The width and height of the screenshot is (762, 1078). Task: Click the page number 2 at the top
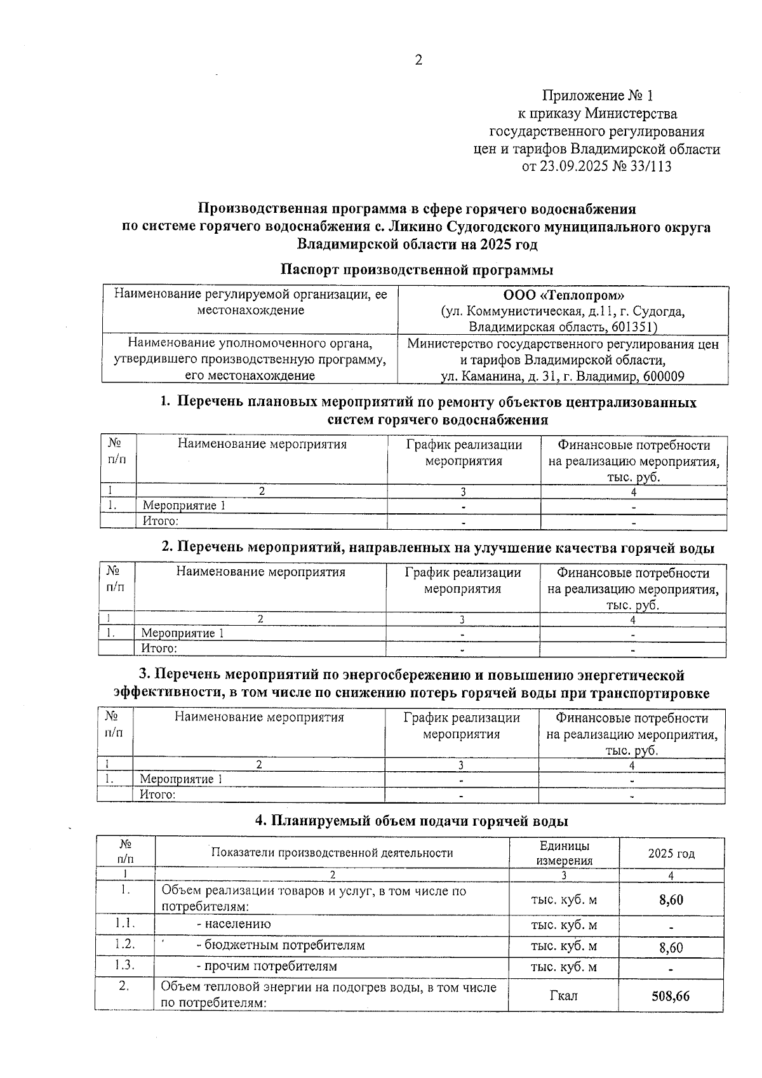(x=418, y=61)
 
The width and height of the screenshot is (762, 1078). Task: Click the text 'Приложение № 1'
(x=597, y=96)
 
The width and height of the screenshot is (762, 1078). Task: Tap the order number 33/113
(x=650, y=167)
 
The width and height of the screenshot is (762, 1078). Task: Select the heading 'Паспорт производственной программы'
(x=417, y=269)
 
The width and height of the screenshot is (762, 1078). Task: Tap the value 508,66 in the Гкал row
(x=671, y=996)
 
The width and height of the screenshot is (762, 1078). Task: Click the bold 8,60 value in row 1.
(x=671, y=900)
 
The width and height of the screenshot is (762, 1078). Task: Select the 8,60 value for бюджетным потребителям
(x=671, y=948)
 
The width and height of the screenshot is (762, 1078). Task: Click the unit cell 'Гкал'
(x=563, y=995)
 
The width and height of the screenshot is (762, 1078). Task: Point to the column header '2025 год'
(x=671, y=854)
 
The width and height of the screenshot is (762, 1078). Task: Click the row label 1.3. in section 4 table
(x=125, y=966)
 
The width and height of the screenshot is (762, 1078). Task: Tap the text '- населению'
(x=234, y=924)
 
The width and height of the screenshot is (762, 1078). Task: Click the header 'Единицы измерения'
(x=563, y=853)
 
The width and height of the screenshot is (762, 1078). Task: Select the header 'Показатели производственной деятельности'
(x=332, y=853)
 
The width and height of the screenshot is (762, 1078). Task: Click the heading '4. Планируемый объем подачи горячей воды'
(x=411, y=821)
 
